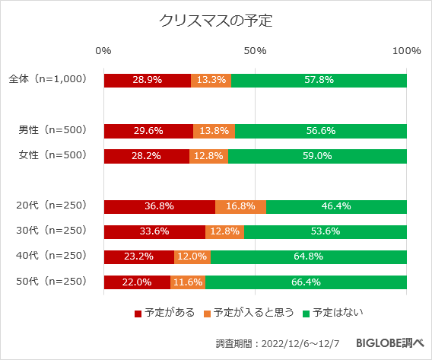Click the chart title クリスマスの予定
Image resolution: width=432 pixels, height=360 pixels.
pyautogui.click(x=215, y=21)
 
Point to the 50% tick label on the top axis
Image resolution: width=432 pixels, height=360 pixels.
pyautogui.click(x=255, y=51)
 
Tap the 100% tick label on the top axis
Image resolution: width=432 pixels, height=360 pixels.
pyautogui.click(x=406, y=51)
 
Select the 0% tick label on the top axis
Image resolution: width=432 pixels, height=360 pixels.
pyautogui.click(x=103, y=51)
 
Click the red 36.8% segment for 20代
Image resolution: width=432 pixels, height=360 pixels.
pyautogui.click(x=159, y=206)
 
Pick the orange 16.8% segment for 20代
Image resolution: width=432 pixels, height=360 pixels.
pyautogui.click(x=240, y=206)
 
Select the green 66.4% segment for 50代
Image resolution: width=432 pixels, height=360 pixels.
pyautogui.click(x=306, y=282)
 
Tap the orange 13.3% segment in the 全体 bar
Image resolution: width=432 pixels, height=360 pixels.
pyautogui.click(x=211, y=80)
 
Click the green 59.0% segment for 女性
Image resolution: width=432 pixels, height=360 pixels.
pyautogui.click(x=317, y=156)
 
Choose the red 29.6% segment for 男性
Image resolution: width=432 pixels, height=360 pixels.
pyautogui.click(x=148, y=130)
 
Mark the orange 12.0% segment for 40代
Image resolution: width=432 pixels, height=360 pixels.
pyautogui.click(x=192, y=257)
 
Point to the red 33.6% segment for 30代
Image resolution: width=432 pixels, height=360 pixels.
pyautogui.click(x=154, y=231)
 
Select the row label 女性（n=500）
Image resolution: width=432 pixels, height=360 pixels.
pyautogui.click(x=52, y=155)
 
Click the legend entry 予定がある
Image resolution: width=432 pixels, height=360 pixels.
pyautogui.click(x=165, y=312)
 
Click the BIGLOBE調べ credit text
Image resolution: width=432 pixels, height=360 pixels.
pyautogui.click(x=386, y=343)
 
